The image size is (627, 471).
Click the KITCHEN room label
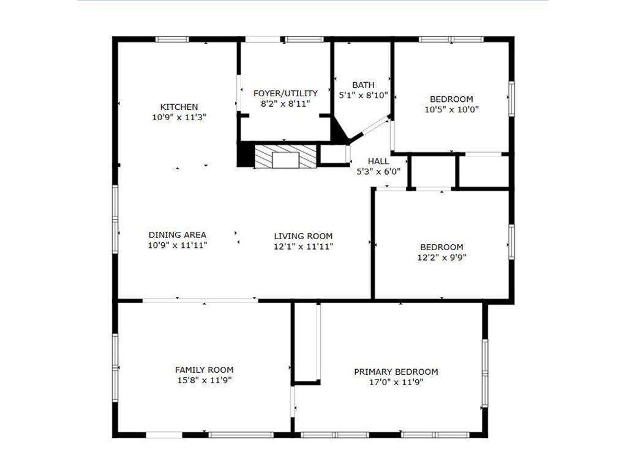point(179,107)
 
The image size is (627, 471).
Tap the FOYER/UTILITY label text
point(285,93)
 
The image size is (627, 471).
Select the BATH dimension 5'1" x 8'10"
point(364,95)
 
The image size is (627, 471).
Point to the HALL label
point(378,161)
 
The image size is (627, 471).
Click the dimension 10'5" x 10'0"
point(451,109)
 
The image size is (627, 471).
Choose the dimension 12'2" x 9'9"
point(441,258)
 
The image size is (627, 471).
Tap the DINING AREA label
point(178,235)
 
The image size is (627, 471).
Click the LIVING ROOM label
point(303,236)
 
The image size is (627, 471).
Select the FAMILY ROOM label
point(205,370)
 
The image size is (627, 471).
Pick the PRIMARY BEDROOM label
point(396,372)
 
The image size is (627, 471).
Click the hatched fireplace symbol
point(285,156)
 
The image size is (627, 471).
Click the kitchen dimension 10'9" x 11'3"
point(179,117)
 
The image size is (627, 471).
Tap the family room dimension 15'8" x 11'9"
point(205,380)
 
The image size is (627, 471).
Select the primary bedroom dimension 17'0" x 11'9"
point(396,382)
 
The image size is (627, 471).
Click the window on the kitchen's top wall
point(172,39)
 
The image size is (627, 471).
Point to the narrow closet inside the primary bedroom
point(306,343)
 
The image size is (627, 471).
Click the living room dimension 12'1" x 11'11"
point(303,247)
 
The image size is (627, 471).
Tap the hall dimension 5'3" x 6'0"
point(378,172)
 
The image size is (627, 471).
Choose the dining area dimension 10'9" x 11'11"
point(178,245)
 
